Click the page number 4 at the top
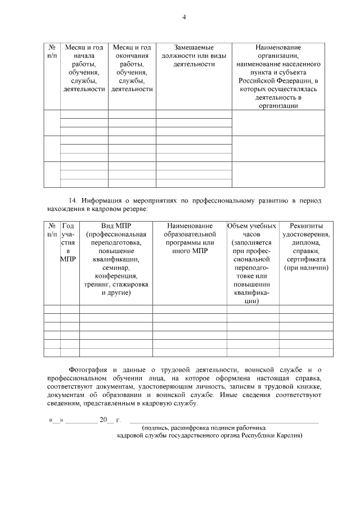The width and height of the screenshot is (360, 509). tap(184, 17)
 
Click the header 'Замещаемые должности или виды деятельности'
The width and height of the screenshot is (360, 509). tap(193, 56)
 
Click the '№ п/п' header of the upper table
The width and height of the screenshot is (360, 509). tap(52, 52)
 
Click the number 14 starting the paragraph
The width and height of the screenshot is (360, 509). tap(72, 200)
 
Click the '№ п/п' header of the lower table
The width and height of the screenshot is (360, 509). tap(52, 230)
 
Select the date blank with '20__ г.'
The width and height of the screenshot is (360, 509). tap(107, 421)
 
